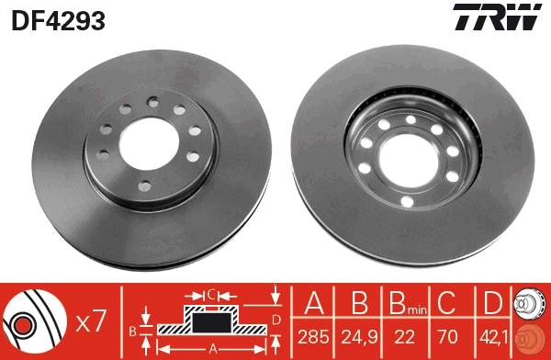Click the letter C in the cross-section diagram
pyautogui.click(x=210, y=295)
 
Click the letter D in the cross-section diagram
pyautogui.click(x=275, y=319)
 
